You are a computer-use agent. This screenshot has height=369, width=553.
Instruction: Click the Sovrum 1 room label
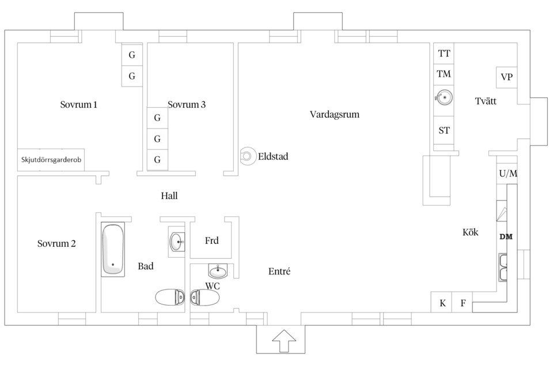tap(78, 105)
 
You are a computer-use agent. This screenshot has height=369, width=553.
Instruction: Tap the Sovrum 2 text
tap(56, 243)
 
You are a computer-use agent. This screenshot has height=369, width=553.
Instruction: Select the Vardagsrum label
tap(334, 114)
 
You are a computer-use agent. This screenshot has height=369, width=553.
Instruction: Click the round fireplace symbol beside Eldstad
tap(248, 156)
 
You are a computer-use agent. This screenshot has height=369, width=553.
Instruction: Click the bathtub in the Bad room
tap(113, 250)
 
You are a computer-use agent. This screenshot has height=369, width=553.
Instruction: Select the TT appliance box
tap(444, 54)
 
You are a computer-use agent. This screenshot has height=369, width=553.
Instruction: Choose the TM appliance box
tap(444, 74)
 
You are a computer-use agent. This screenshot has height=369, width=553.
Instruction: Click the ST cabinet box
tap(444, 130)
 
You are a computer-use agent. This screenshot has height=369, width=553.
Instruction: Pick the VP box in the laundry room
tap(507, 77)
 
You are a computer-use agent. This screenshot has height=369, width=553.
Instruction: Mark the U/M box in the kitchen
tap(507, 173)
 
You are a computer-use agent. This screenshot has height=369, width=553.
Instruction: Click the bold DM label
tap(506, 236)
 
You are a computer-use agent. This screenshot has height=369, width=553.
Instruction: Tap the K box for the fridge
tap(442, 303)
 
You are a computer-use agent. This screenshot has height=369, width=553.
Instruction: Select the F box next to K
tap(462, 303)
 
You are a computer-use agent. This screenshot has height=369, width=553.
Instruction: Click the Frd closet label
tap(211, 240)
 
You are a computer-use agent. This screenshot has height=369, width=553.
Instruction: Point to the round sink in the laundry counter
tap(444, 97)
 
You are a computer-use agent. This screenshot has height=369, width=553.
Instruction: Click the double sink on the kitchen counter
tap(503, 268)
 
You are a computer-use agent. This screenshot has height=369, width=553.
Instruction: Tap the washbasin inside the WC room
tap(218, 270)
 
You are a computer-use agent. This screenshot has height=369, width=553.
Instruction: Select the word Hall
tap(169, 196)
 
